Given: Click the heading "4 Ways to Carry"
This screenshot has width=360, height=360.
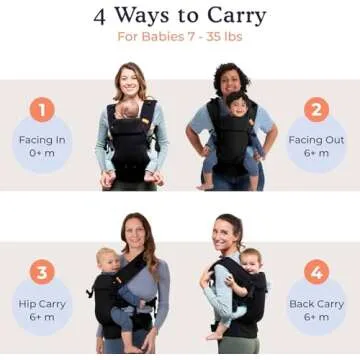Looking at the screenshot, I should pos(180,16).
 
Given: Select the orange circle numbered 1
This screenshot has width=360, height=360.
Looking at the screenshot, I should pos(41,109).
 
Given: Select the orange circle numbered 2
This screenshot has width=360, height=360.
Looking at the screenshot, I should pos(317,109).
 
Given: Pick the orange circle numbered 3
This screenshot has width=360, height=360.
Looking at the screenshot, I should pos(41,271).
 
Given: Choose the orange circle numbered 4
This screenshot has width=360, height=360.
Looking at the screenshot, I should pos(317,271).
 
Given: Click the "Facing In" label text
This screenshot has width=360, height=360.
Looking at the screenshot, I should pos(41,139).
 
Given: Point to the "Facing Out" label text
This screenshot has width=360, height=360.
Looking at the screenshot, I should pos(317,139).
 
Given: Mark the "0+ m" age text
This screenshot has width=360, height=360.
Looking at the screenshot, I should pos(41,155).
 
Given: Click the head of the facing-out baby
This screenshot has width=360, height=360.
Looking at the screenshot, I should pos(237,104).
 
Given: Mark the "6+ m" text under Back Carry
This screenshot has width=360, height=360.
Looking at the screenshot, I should pos(317,317).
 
